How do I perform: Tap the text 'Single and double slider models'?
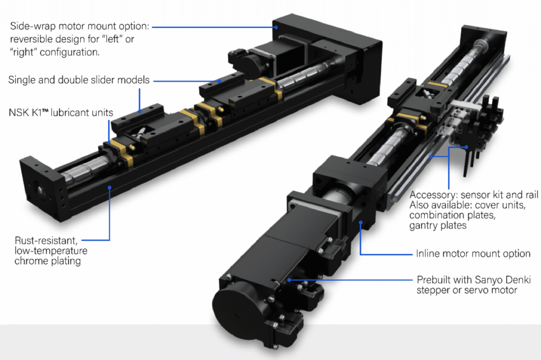[x=79, y=80]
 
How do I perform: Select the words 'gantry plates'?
[x=438, y=226]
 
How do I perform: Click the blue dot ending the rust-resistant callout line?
[x=109, y=186]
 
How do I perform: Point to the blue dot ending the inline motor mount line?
[x=361, y=224]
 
